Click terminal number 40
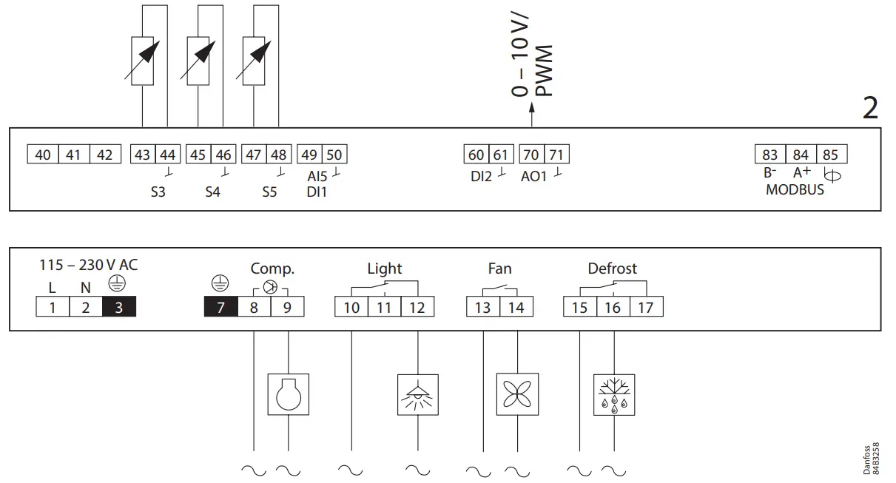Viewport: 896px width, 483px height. coord(43,155)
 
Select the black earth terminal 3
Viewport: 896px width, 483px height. coord(119,306)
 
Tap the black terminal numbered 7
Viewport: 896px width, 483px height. coord(220,306)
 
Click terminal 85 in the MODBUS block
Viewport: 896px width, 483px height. coord(831,155)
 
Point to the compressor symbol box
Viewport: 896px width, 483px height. coord(287,395)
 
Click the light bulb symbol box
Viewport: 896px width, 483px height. coord(418,395)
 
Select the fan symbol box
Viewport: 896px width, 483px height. coord(516,395)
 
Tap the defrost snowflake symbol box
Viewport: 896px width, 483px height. coord(614,395)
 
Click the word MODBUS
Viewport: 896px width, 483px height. coord(795,189)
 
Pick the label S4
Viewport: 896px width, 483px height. coord(213,192)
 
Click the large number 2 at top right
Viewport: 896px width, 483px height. coord(870,108)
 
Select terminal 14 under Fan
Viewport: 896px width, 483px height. coord(516,306)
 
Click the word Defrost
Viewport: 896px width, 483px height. coord(612,268)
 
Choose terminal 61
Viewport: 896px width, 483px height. coord(502,155)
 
